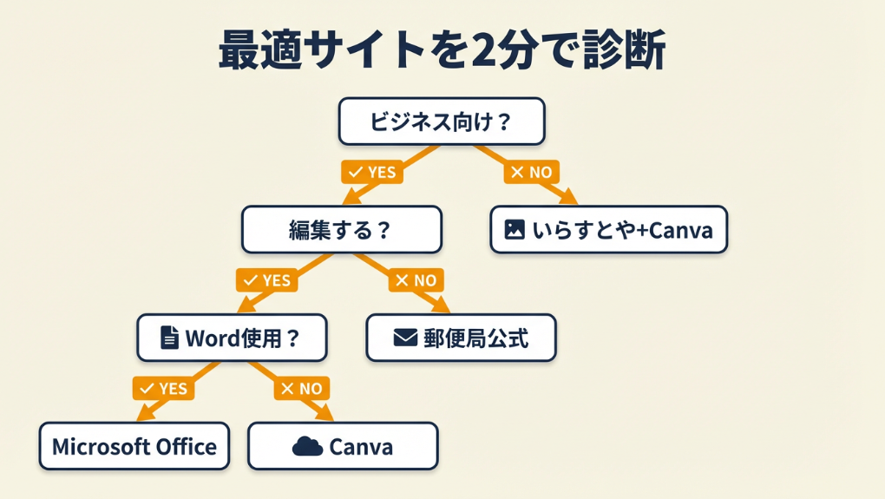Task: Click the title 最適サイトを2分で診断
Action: [x=442, y=49]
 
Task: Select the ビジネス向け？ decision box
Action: [x=441, y=121]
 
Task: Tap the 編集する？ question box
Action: [x=341, y=230]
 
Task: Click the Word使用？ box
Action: [x=232, y=338]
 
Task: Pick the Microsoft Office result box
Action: [x=134, y=446]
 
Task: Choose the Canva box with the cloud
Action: [x=343, y=446]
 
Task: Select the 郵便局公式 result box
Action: [x=461, y=338]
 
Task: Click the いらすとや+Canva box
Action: [x=608, y=230]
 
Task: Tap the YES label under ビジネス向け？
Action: [x=371, y=172]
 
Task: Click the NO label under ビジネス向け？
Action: [x=531, y=172]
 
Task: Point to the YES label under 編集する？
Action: [x=266, y=280]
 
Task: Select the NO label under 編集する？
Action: [x=416, y=280]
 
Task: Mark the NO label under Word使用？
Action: [x=301, y=388]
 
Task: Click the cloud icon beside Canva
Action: [x=307, y=446]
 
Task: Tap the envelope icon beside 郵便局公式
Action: [x=405, y=338]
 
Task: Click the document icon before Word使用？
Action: [x=170, y=338]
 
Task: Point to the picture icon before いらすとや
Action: [x=515, y=230]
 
